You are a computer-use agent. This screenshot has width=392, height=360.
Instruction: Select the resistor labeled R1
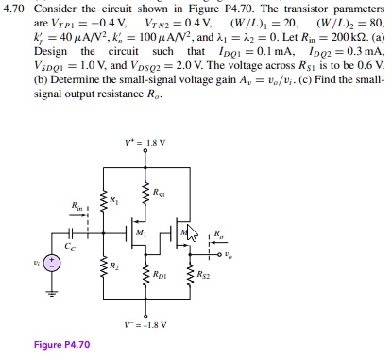coord(101,200)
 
